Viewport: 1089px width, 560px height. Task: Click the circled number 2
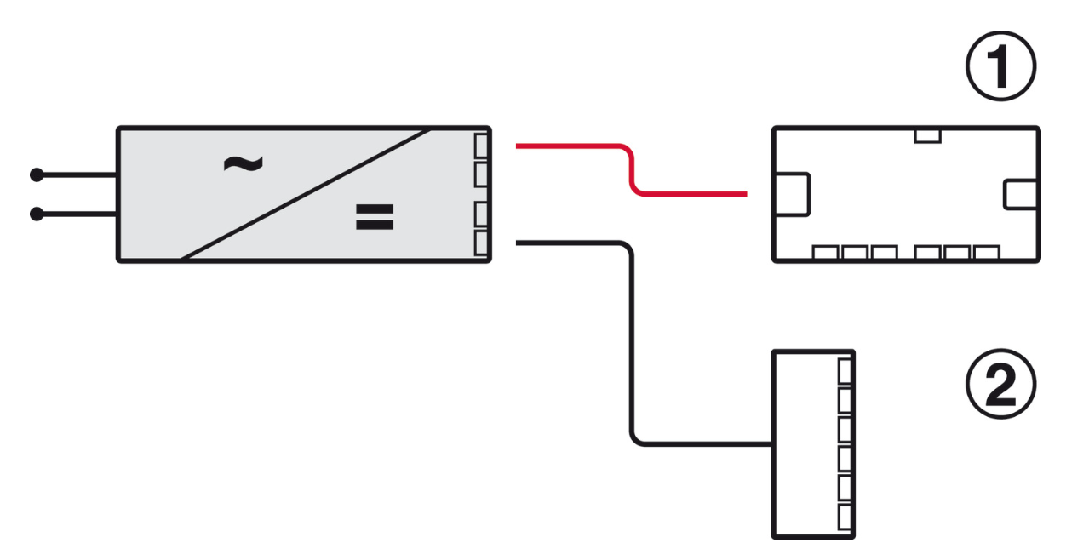point(1001,388)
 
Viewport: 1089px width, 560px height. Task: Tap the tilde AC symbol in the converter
point(242,163)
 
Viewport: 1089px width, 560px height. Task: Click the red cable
point(630,170)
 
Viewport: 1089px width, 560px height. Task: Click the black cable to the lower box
point(631,340)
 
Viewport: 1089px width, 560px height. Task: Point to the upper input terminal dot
point(37,175)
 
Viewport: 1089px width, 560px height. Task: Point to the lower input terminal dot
point(37,214)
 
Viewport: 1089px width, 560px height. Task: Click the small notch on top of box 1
point(926,135)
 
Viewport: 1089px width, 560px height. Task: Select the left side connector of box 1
point(791,193)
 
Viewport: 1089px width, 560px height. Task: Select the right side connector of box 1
point(1021,194)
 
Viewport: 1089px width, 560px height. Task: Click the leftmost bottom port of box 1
point(825,253)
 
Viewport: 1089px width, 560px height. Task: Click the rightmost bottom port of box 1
point(985,253)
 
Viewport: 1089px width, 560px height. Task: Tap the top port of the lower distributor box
point(845,371)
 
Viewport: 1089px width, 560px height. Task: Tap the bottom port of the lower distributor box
point(845,516)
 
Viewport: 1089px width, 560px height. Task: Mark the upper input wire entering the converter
point(77,175)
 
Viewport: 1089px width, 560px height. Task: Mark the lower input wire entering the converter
point(77,214)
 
